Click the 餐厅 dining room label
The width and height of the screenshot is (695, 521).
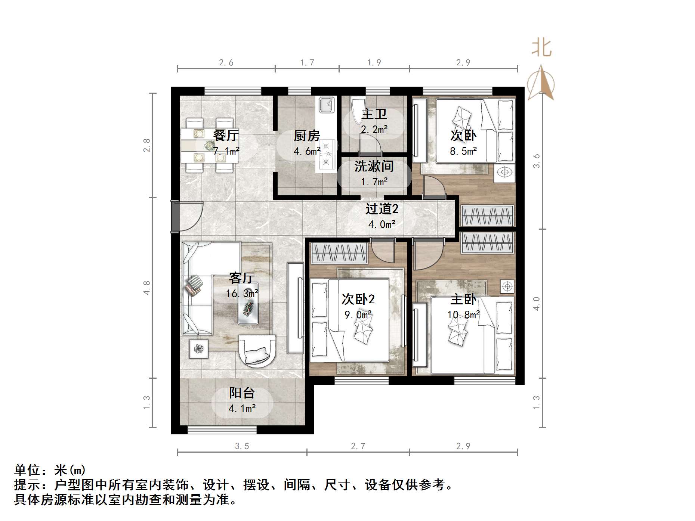226,135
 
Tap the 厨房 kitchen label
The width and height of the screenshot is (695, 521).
307,136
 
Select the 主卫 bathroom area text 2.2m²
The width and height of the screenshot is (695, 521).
374,130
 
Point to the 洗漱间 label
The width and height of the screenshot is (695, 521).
374,166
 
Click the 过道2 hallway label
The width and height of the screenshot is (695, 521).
382,209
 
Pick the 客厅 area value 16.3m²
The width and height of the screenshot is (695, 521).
242,294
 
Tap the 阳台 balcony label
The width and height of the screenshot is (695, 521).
242,393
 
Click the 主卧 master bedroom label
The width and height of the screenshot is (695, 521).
463,299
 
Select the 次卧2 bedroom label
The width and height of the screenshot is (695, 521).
358,299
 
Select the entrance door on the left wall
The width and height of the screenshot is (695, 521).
175,217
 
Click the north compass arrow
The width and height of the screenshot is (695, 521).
541,83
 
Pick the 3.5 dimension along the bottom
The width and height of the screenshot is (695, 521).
242,446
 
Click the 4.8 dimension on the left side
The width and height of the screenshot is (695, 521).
146,288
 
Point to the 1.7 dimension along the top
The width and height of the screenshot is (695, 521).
307,63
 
